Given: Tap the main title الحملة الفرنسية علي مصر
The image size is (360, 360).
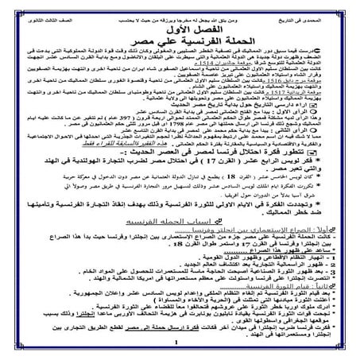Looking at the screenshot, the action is click(x=180, y=41).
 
